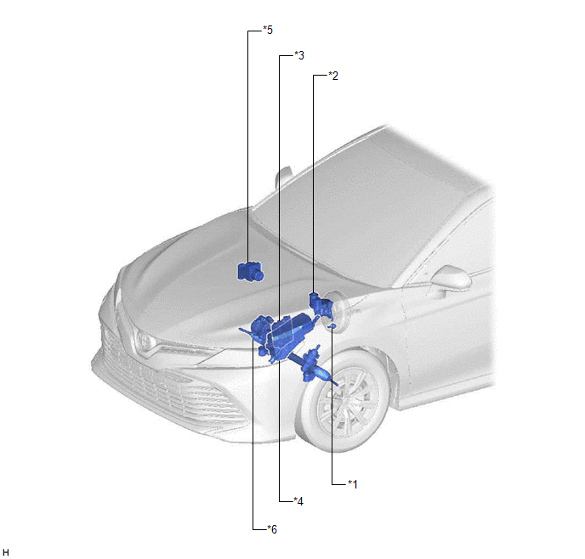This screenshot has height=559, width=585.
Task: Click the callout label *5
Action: point(268,30)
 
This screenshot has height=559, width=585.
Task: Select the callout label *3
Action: point(299,55)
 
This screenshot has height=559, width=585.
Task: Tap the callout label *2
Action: point(333,76)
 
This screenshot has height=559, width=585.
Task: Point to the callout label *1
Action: point(353,484)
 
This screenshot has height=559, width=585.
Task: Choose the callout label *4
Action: point(298,501)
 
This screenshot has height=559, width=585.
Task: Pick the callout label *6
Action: point(272,529)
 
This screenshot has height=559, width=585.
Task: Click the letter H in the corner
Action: point(6,553)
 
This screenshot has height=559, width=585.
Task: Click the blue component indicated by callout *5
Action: point(250,272)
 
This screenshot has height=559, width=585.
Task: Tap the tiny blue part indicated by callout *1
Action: point(332,326)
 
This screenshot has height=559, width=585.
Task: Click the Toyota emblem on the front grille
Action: point(144,340)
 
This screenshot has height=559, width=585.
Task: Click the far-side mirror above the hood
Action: point(282,178)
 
